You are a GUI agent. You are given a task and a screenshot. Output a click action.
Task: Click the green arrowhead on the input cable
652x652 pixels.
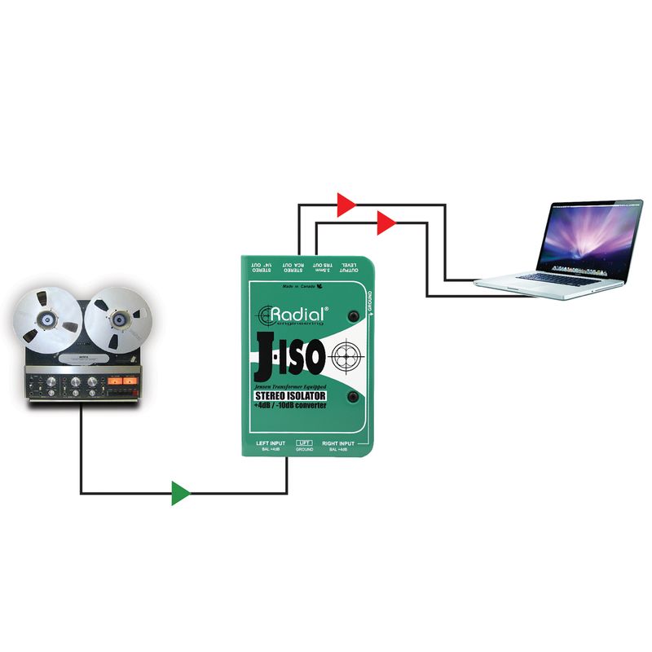(x=180, y=493)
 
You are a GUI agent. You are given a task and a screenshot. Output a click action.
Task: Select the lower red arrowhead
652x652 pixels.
(x=385, y=221)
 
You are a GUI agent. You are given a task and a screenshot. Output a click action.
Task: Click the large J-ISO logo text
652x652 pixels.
(x=290, y=355)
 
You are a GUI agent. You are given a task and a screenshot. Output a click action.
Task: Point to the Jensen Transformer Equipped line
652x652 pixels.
(x=290, y=385)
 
